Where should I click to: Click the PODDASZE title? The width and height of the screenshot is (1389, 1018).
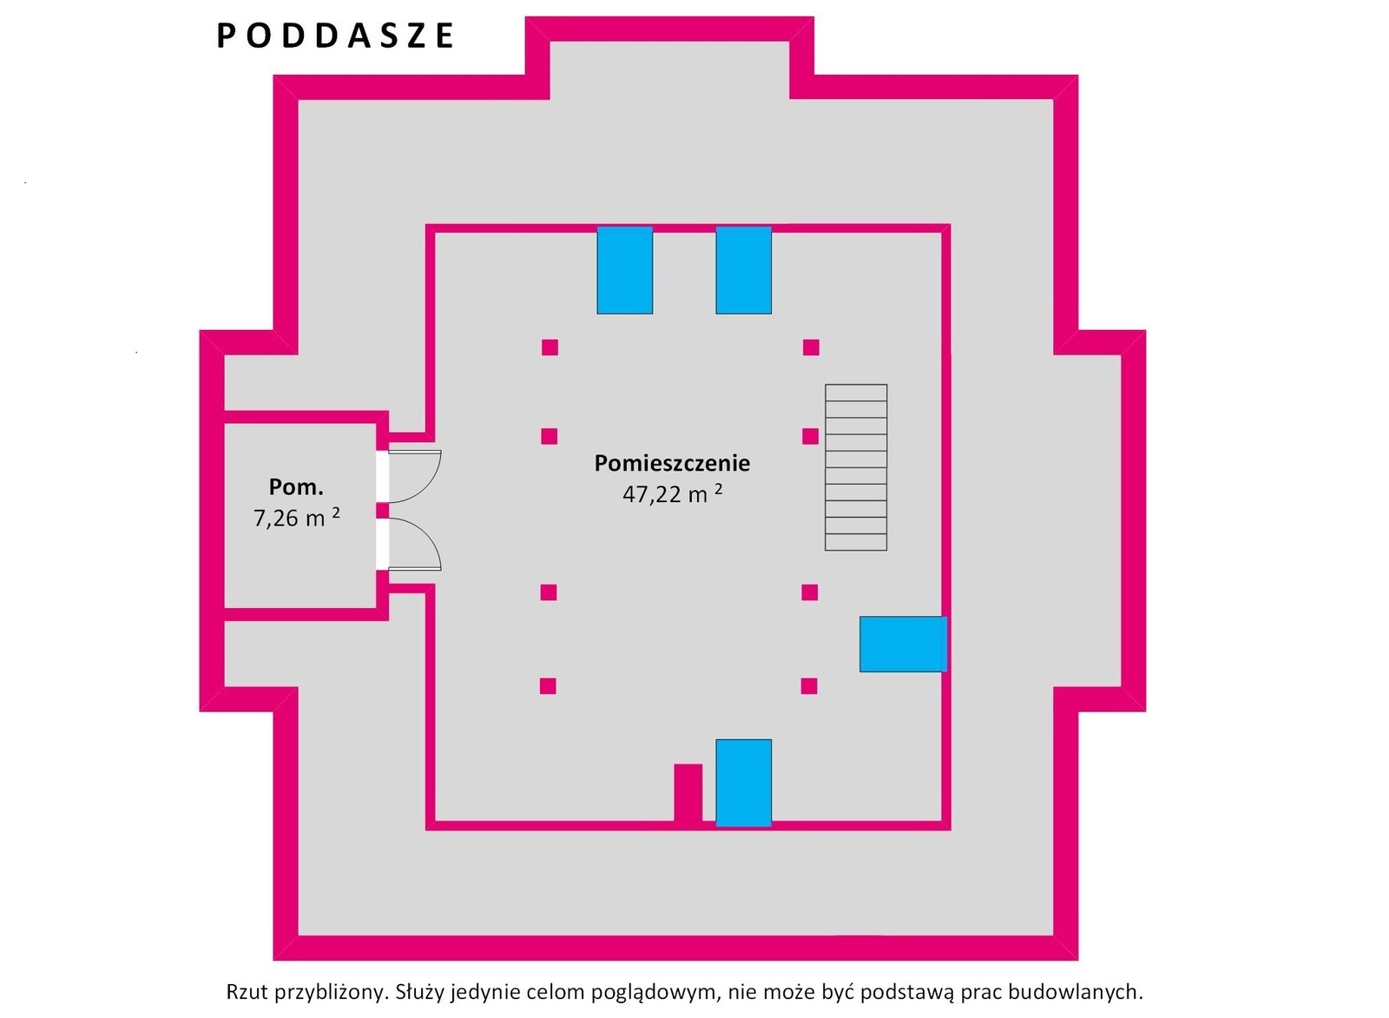335,36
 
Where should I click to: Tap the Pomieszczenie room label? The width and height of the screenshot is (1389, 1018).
672,464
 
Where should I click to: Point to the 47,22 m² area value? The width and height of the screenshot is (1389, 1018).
672,494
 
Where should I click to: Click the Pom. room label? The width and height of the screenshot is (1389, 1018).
296,487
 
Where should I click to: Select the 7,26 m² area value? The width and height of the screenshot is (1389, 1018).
296,518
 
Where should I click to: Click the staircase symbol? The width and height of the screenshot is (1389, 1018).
856,467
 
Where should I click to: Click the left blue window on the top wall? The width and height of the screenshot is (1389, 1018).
624,270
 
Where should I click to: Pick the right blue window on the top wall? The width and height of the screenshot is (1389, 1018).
743,270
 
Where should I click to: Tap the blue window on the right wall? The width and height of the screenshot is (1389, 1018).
903,644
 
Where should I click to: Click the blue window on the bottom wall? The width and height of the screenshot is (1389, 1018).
743,783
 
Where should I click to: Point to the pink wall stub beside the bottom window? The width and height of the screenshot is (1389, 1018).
688,795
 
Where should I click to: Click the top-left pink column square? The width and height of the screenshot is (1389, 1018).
550,347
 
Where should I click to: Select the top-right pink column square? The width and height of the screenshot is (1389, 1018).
811,347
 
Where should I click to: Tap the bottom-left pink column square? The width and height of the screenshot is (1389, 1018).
548,686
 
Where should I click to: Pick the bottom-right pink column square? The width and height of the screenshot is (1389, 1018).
809,686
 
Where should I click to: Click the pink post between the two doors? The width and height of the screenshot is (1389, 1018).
383,510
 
